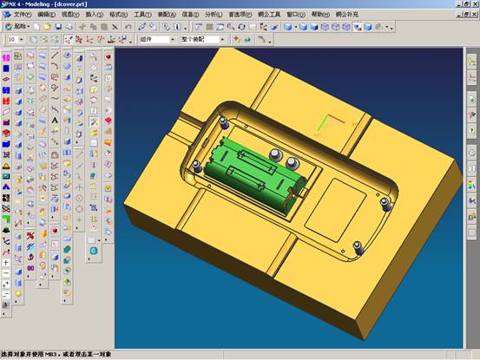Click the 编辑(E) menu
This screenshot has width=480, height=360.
pos(47,15)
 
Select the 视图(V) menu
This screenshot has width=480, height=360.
pos(71,15)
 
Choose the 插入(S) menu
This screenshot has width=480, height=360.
pos(95,15)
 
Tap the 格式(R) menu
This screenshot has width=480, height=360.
pos(120,15)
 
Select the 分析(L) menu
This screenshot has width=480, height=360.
pos(214,15)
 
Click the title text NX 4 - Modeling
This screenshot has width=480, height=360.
pos(35,4)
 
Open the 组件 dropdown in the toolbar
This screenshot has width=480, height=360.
pos(156,39)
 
